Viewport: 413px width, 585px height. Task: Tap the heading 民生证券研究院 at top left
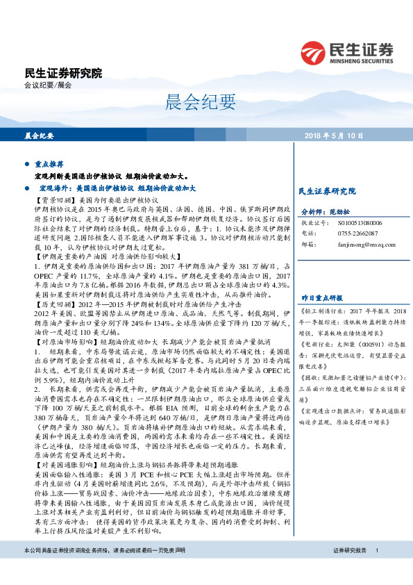(x=62, y=72)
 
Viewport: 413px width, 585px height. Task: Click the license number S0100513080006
(x=360, y=222)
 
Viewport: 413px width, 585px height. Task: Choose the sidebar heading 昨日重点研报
(x=318, y=277)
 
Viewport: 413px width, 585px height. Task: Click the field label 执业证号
(x=312, y=222)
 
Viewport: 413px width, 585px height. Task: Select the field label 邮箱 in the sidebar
(x=307, y=245)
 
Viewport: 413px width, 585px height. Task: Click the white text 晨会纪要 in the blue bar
(x=39, y=135)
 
